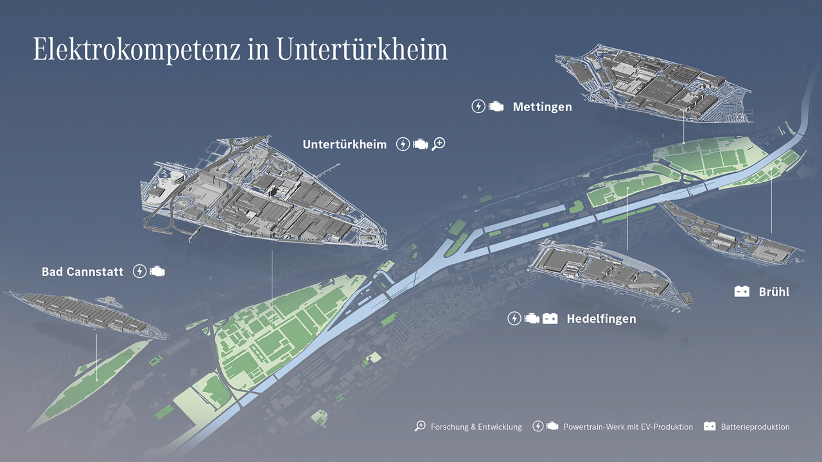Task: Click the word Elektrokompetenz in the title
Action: tap(138, 50)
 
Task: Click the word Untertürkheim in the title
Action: tap(362, 50)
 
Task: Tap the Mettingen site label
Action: tap(542, 107)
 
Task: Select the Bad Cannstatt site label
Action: tap(82, 272)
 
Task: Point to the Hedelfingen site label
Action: tap(601, 319)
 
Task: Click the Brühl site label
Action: tap(774, 291)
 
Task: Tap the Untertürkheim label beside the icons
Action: tap(344, 144)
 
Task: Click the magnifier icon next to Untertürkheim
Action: tap(438, 144)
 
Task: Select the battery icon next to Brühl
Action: tap(742, 291)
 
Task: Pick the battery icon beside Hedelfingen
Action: tap(550, 318)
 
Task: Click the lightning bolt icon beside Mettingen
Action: tap(478, 107)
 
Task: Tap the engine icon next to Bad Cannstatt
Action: tap(157, 271)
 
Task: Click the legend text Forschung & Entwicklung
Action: tap(476, 427)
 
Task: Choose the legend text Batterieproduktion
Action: tap(755, 427)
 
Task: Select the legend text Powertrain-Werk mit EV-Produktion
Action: tap(628, 427)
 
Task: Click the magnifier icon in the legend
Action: tap(420, 426)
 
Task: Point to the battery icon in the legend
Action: tap(710, 426)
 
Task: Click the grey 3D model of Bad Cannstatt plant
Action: tap(83, 312)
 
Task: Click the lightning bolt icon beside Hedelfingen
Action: tap(514, 318)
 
